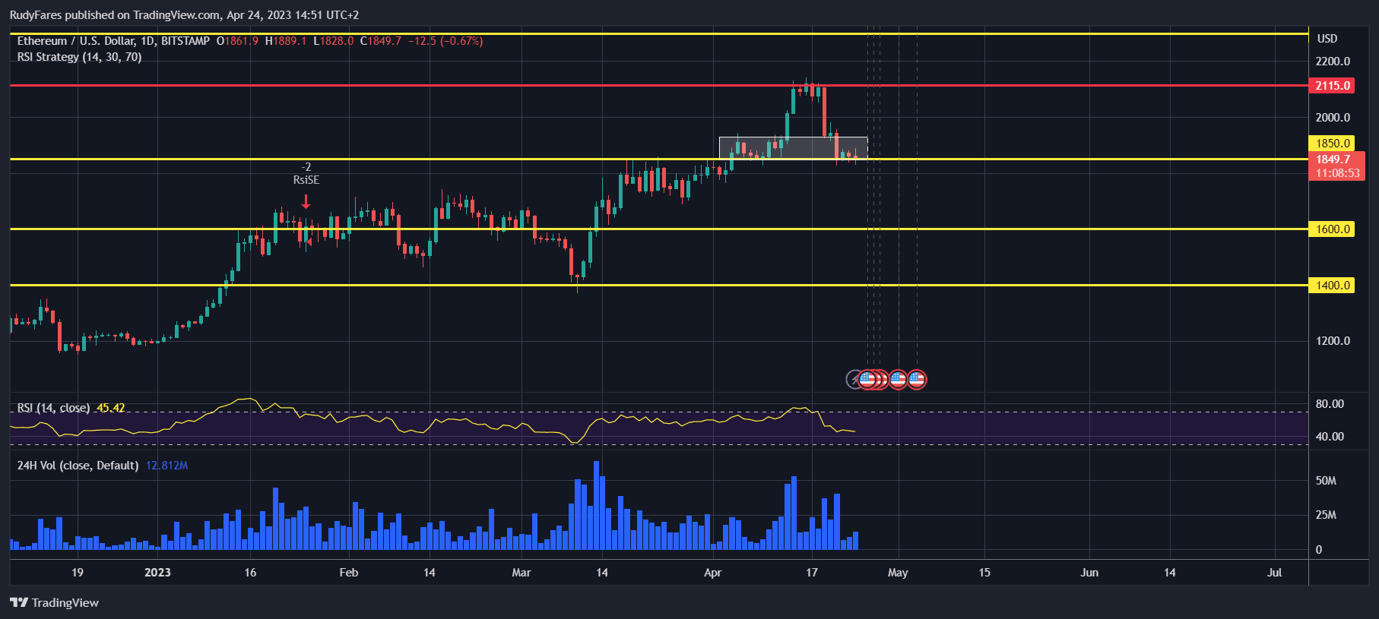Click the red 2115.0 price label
click(1333, 86)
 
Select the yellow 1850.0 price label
click(1333, 143)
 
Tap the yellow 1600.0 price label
click(1333, 229)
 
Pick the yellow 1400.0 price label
click(1333, 286)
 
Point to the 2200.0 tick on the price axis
click(1333, 62)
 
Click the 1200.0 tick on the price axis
click(1333, 341)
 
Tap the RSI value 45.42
click(111, 408)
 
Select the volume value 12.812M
click(166, 466)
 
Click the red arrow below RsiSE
click(306, 201)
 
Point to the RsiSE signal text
click(306, 180)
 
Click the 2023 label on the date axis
click(157, 573)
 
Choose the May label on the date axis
click(898, 573)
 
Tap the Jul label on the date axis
click(1274, 573)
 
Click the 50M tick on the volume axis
click(1326, 481)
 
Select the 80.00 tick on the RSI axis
click(1330, 404)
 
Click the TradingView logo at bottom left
click(55, 603)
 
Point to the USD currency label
click(1327, 39)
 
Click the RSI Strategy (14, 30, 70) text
click(79, 57)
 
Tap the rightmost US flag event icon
click(917, 379)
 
